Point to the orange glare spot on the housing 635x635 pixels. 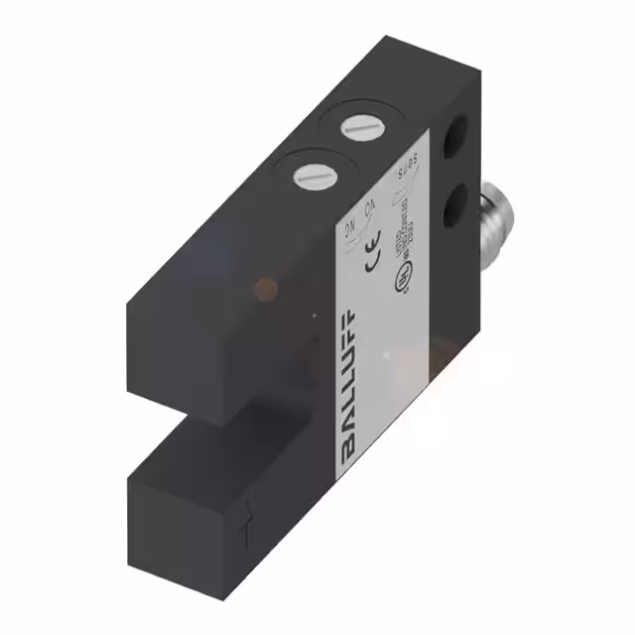[x=265, y=288]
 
